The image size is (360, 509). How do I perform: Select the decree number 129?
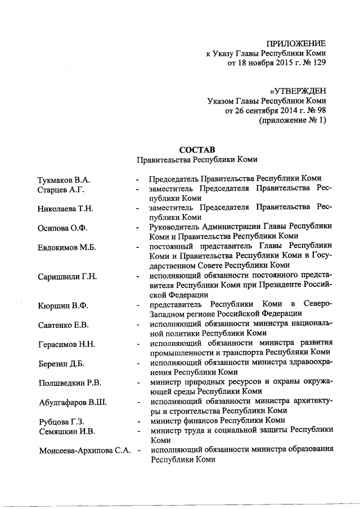tap(318, 64)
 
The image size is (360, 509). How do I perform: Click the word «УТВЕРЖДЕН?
tap(298, 91)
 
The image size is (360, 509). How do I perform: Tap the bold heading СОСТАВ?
tap(197, 150)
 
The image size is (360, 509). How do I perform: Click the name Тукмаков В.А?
tap(64, 180)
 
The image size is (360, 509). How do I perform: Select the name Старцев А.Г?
tap(60, 190)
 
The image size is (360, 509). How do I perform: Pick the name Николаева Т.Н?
tap(65, 209)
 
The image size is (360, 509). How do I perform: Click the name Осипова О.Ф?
tap(62, 228)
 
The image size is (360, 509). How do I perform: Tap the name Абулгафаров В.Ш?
tap(72, 403)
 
